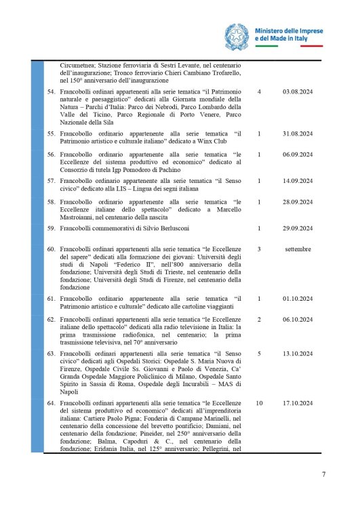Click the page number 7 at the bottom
click(x=323, y=473)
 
